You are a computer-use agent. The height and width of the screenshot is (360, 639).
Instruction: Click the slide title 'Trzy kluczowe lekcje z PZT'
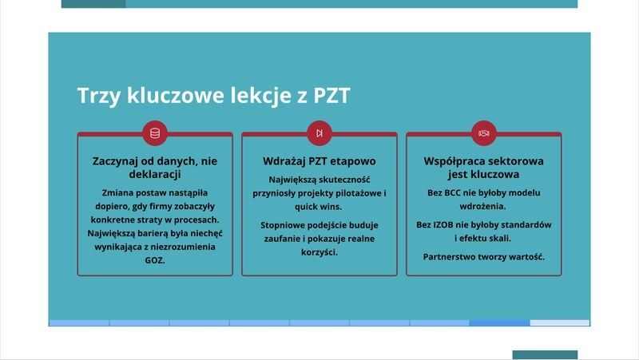coord(213,96)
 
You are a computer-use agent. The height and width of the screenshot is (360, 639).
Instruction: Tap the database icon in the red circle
coord(155,133)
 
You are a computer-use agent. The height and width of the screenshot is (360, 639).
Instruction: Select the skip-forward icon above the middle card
coord(319,133)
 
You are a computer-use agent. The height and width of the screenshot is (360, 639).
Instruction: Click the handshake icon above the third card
coord(484,133)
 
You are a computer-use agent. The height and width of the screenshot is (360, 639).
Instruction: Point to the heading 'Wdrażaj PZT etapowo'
coord(319,161)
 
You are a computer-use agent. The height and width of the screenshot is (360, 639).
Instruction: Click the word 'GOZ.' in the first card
coord(155,260)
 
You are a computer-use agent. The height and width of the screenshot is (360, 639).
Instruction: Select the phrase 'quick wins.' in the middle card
coord(319,207)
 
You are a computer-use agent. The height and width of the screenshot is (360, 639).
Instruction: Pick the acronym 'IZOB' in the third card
coord(443,225)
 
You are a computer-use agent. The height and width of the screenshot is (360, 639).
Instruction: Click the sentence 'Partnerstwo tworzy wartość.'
coord(484,257)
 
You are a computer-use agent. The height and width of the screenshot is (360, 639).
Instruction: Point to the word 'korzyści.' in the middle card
coord(319,252)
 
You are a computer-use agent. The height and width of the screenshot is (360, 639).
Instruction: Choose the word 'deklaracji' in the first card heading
coord(155,174)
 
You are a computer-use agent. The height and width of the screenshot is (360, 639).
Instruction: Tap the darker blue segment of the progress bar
coord(500,323)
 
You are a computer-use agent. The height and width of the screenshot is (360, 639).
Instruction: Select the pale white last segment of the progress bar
coord(560,323)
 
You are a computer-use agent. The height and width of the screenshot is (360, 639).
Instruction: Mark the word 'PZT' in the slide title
coord(331,96)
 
